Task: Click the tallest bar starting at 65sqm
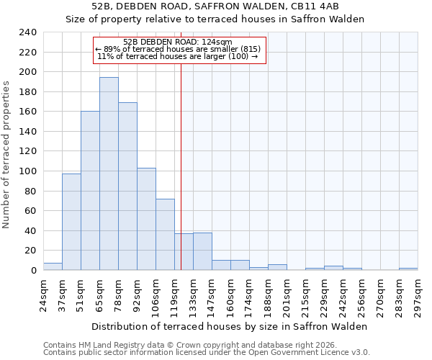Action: [x=109, y=174]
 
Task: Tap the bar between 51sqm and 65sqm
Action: [x=90, y=191]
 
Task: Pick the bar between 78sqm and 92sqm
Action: [x=127, y=186]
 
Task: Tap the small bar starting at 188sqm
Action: [x=277, y=267]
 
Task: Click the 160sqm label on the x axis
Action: [x=230, y=294]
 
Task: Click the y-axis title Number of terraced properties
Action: [x=6, y=154]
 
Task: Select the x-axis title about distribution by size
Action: [x=230, y=326]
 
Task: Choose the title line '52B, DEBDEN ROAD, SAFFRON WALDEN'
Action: [x=215, y=6]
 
